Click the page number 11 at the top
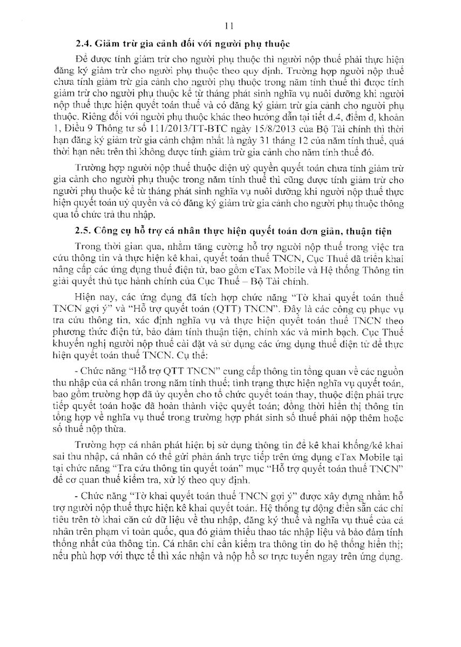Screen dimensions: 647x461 pos(229,26)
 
